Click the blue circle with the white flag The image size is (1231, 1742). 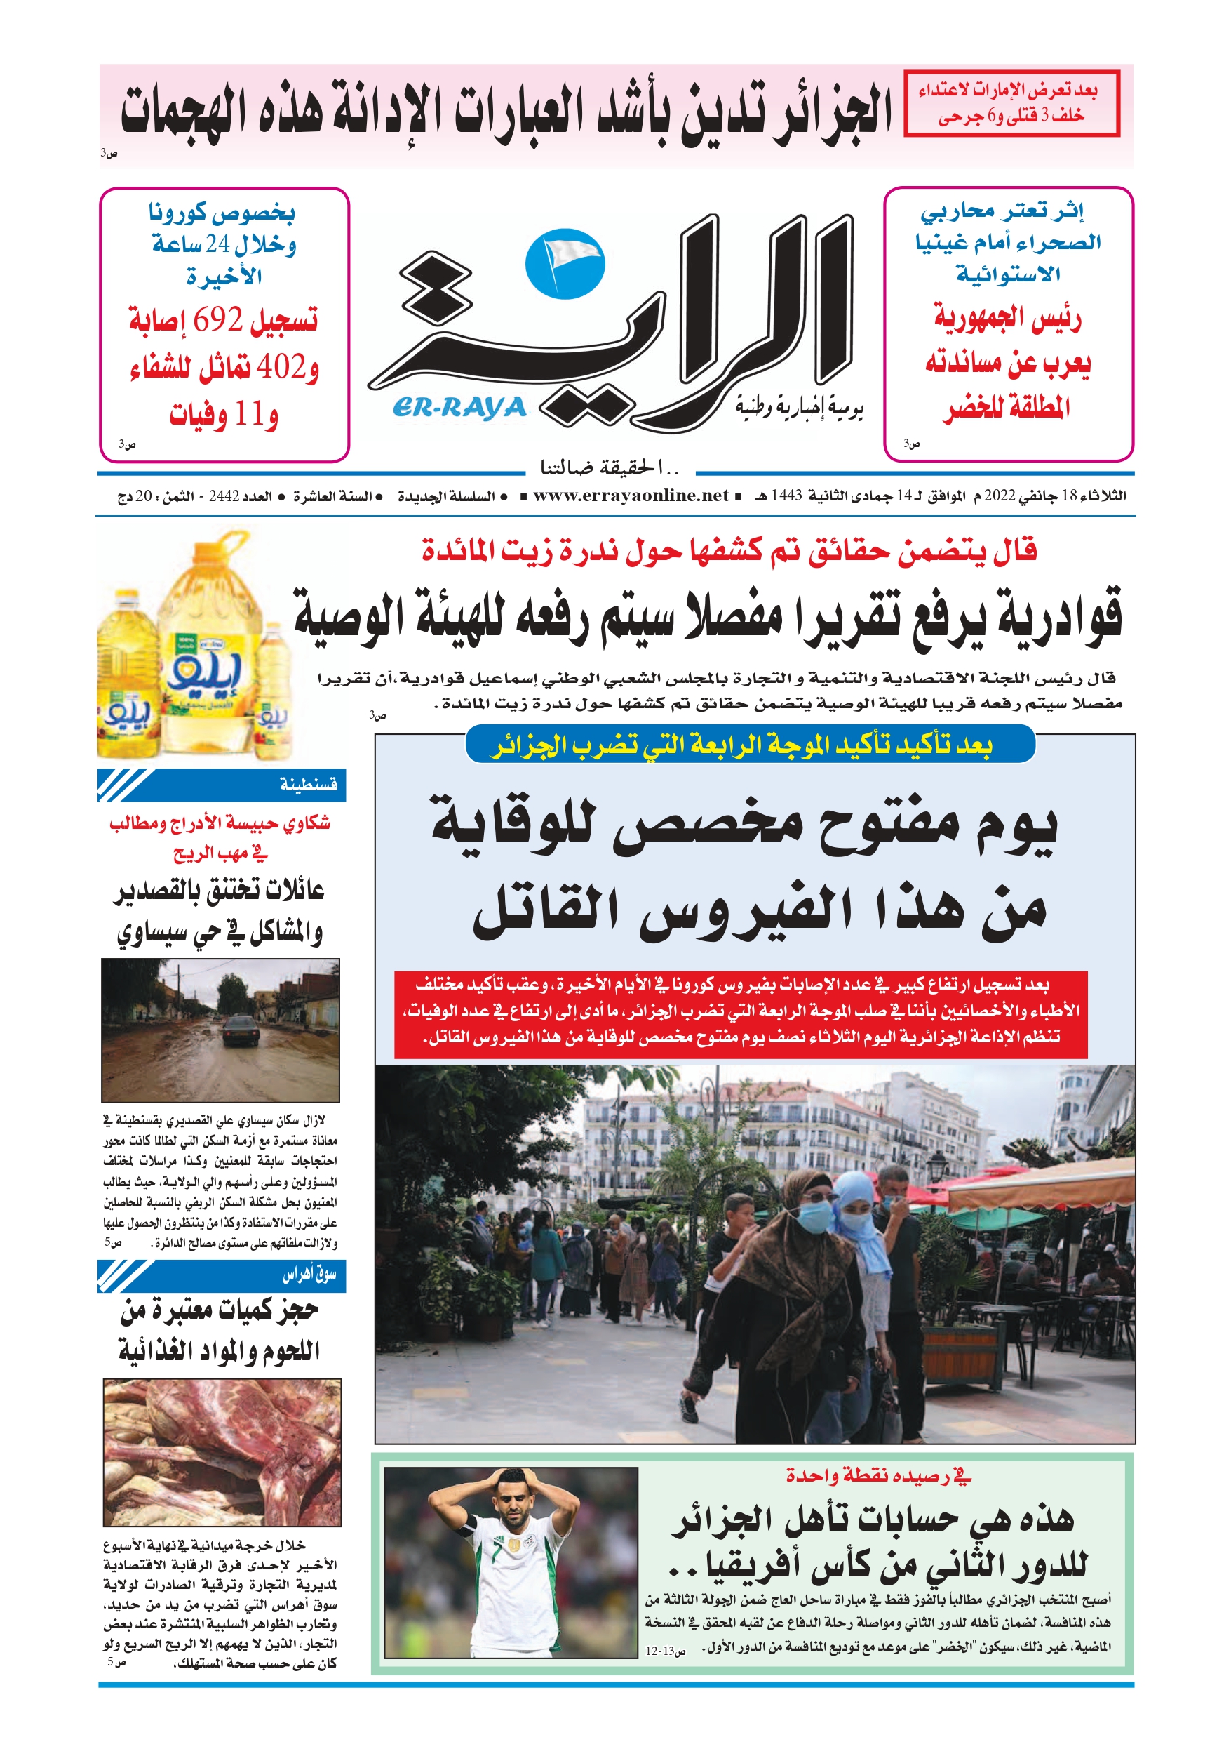pyautogui.click(x=565, y=262)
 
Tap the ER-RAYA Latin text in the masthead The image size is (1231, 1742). pyautogui.click(x=459, y=408)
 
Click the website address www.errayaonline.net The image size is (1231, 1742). pyautogui.click(x=631, y=496)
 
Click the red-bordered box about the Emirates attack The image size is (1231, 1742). pyautogui.click(x=1011, y=103)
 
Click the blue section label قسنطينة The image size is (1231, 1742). pyautogui.click(x=308, y=784)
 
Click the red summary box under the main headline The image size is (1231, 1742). pyautogui.click(x=740, y=1013)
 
